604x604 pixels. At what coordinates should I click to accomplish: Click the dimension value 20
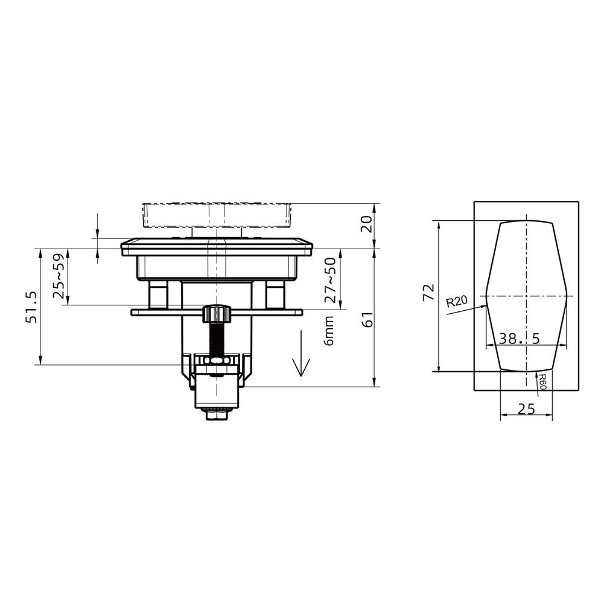click(366, 225)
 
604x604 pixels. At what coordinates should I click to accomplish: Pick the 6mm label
click(329, 332)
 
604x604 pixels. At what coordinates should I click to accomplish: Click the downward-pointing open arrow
click(300, 365)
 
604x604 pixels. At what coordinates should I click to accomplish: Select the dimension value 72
click(428, 293)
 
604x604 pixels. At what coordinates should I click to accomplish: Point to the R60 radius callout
click(542, 381)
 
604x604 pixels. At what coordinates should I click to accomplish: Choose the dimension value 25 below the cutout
click(526, 409)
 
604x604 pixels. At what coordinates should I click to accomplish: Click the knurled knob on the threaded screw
click(217, 313)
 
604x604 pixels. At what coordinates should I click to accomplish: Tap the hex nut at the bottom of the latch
click(217, 415)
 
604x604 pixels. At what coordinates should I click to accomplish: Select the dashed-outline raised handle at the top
click(217, 215)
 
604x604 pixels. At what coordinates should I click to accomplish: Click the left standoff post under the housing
click(159, 295)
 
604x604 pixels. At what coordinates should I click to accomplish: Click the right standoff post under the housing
click(275, 295)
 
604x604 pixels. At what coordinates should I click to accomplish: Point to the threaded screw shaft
click(217, 338)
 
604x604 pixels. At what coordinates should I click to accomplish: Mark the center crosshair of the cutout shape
click(527, 296)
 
